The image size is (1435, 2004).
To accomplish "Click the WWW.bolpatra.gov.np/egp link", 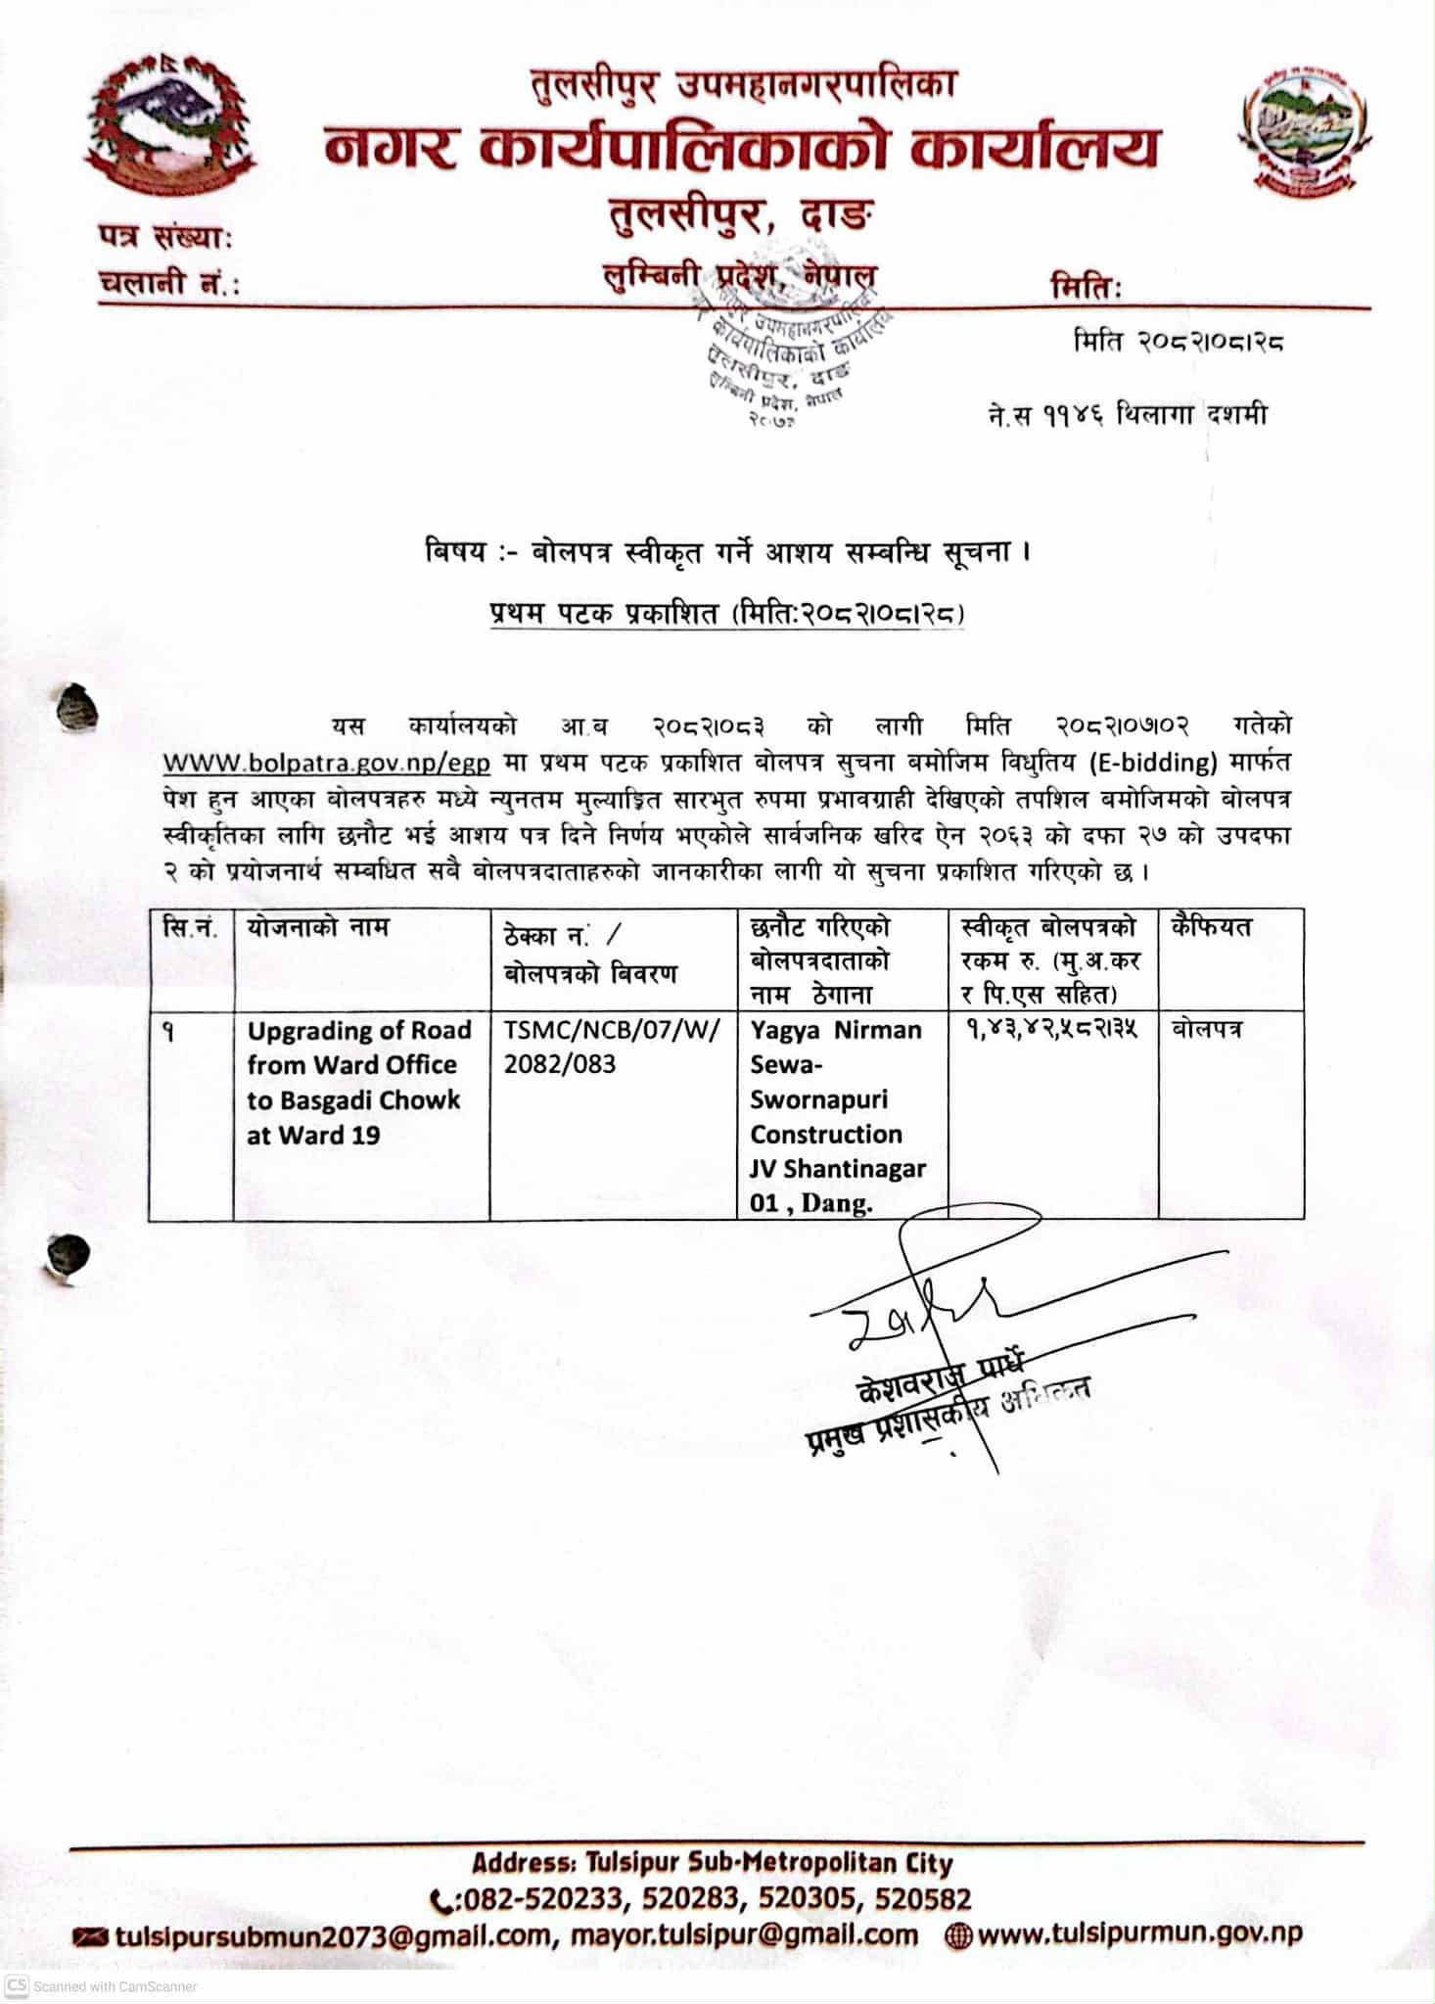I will (x=326, y=762).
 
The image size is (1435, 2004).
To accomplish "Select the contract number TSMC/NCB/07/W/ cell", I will (x=612, y=1047).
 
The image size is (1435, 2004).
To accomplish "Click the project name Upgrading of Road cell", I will (x=358, y=1082).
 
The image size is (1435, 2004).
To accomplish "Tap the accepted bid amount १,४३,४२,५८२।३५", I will (x=1050, y=1030).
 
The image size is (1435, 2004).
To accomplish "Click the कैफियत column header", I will (x=1212, y=926).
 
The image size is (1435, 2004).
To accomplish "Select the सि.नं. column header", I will (x=190, y=926).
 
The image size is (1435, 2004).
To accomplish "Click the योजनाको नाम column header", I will (x=318, y=926).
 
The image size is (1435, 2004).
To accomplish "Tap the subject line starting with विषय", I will (x=728, y=553).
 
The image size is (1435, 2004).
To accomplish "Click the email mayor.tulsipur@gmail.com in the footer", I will (x=744, y=1934).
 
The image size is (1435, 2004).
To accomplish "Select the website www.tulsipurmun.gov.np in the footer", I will (x=1138, y=1934).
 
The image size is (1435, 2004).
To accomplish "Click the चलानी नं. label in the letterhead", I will (x=168, y=283).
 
